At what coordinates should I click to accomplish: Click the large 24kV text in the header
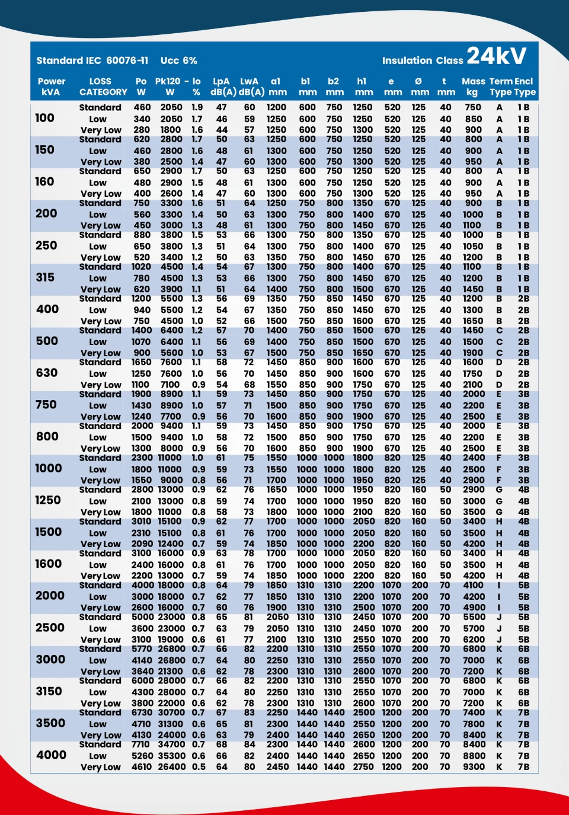click(496, 56)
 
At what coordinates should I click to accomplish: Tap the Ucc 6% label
click(178, 60)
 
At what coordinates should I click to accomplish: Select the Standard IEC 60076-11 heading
click(92, 60)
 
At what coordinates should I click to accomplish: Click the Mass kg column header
click(473, 87)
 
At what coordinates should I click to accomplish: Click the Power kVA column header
click(51, 87)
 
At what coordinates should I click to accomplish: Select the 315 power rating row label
click(45, 277)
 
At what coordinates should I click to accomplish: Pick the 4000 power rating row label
click(51, 755)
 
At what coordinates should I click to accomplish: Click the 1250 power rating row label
click(47, 500)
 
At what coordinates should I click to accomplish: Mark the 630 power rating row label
click(46, 373)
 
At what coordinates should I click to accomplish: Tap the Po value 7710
click(140, 744)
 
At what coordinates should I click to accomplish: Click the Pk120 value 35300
click(171, 756)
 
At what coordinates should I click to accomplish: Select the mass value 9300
click(474, 766)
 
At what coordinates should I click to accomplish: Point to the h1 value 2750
click(363, 766)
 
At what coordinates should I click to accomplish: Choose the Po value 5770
click(142, 649)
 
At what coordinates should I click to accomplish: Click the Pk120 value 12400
click(171, 544)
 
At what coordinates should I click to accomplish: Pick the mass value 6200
click(474, 640)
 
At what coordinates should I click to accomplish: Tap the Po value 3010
click(142, 522)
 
